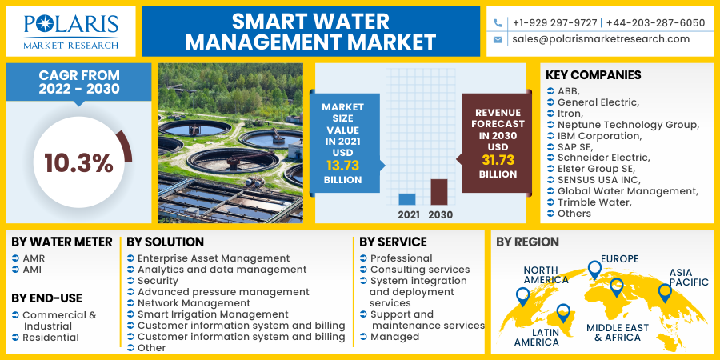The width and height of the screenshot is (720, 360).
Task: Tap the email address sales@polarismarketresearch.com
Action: (x=601, y=39)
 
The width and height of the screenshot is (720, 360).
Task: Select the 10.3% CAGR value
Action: (x=78, y=163)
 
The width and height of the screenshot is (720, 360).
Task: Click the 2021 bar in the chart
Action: (x=407, y=199)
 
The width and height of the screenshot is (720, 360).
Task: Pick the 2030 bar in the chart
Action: (x=439, y=192)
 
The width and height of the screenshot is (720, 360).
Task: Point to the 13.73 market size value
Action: (x=342, y=166)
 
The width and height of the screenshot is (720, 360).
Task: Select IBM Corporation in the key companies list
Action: (x=599, y=135)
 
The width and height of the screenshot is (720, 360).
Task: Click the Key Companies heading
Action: (x=593, y=75)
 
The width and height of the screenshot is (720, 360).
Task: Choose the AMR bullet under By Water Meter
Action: (x=34, y=258)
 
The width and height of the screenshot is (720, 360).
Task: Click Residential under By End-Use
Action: (x=50, y=338)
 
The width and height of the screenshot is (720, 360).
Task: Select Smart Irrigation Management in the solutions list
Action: (x=213, y=314)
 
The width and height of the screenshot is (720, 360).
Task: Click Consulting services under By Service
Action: (x=419, y=270)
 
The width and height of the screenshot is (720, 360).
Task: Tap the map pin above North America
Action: (x=522, y=297)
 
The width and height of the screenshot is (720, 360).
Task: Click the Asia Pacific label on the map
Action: (x=689, y=276)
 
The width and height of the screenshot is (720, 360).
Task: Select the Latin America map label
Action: (x=537, y=336)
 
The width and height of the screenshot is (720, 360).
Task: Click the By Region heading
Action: (x=527, y=242)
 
